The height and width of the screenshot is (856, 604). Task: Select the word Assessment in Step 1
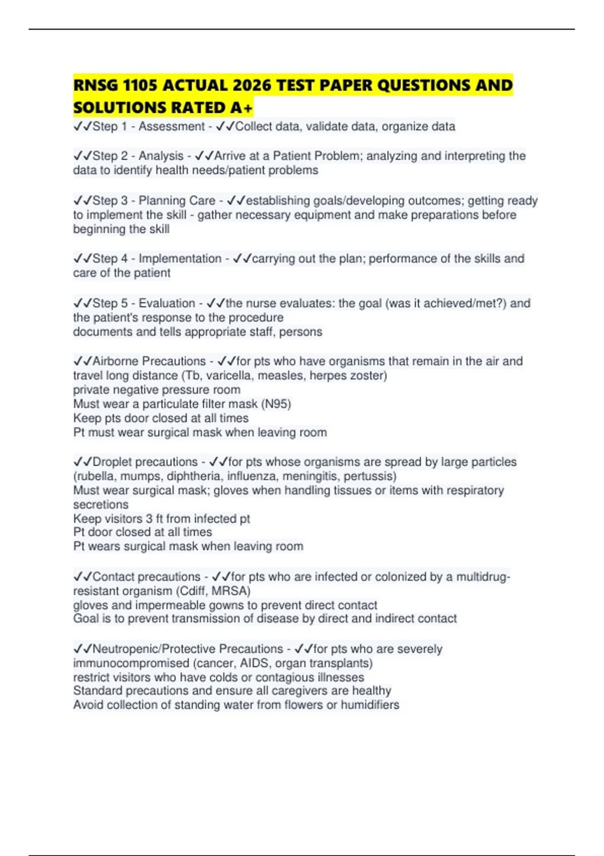[172, 126]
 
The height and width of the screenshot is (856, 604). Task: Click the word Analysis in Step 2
[161, 156]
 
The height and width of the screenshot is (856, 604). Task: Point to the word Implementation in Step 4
[180, 259]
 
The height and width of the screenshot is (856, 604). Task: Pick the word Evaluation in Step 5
[167, 303]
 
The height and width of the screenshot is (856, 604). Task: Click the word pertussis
[370, 476]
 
